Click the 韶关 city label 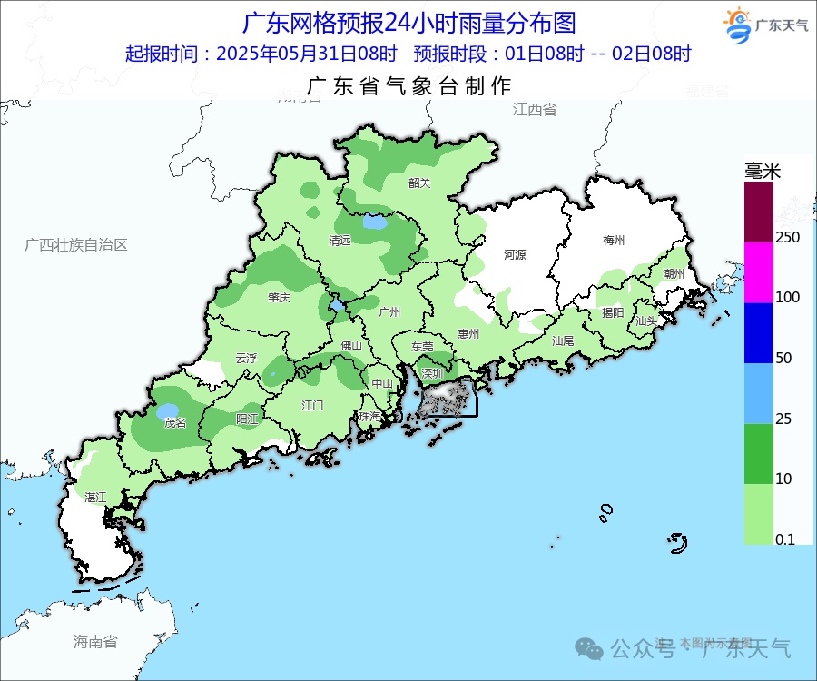(419, 183)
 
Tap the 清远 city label (340, 241)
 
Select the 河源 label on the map (515, 255)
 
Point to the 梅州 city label (614, 241)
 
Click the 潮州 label (674, 273)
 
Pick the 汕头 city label (646, 321)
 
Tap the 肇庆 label (279, 297)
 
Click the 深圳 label (432, 373)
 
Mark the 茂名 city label (174, 423)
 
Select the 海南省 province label (95, 642)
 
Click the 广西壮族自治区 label (76, 245)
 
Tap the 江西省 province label (535, 110)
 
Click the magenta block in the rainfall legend (759, 271)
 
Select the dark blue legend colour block (759, 332)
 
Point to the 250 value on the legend (787, 237)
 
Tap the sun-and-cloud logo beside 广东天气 (737, 25)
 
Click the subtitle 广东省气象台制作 (409, 87)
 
